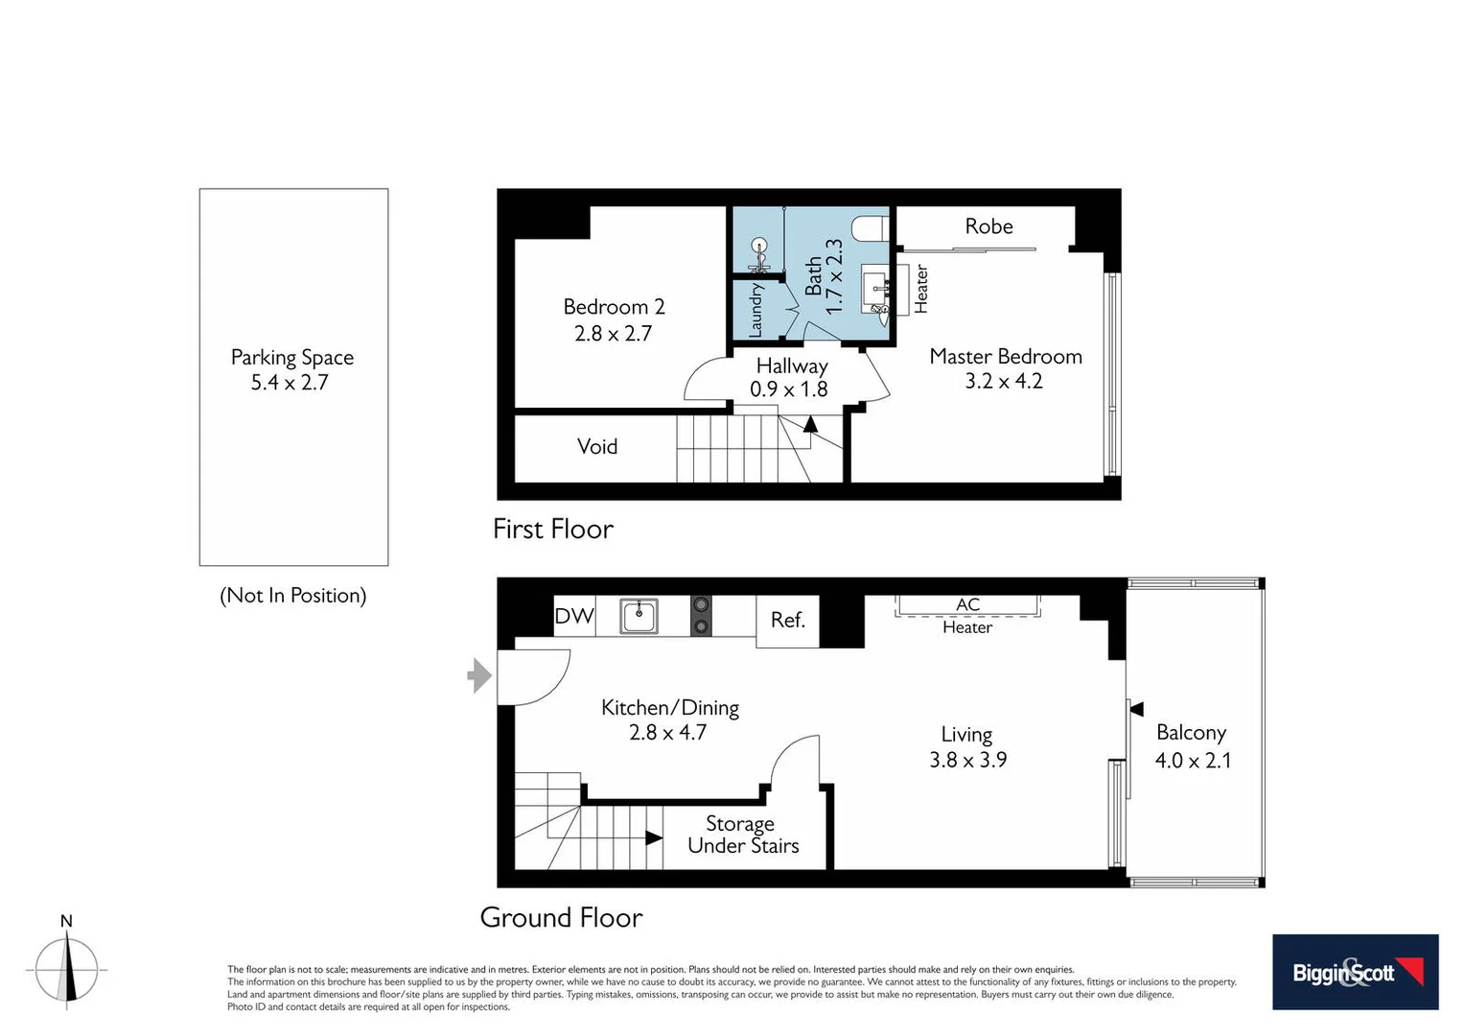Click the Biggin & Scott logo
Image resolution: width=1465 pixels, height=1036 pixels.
(1355, 972)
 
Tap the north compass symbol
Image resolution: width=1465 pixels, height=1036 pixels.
(66, 969)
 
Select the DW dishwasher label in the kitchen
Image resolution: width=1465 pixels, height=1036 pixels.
(574, 616)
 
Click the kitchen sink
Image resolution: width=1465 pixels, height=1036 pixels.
(639, 616)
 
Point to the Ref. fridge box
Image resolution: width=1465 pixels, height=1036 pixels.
(787, 621)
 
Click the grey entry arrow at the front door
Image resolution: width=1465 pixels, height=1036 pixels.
(479, 675)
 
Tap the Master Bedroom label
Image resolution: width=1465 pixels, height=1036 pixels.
(1005, 357)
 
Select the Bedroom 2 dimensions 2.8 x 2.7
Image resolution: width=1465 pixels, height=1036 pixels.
(613, 334)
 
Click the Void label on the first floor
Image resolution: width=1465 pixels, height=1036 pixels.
(596, 447)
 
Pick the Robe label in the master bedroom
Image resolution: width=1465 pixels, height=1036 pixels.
(988, 226)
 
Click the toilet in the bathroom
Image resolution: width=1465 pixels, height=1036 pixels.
(871, 229)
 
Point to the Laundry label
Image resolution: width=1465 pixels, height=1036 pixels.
(756, 309)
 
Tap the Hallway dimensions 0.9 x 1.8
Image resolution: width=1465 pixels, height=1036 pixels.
(788, 389)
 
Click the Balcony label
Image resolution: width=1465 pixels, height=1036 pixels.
(1191, 733)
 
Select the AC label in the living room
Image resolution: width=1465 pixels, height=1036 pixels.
(967, 604)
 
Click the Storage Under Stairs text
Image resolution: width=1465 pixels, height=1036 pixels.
(742, 835)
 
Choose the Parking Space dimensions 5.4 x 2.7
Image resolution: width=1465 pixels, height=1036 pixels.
(290, 383)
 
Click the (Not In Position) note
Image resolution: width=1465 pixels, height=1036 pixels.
(292, 596)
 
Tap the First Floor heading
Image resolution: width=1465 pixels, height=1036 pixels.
(552, 530)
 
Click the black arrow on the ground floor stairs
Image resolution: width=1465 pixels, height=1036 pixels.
(654, 837)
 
